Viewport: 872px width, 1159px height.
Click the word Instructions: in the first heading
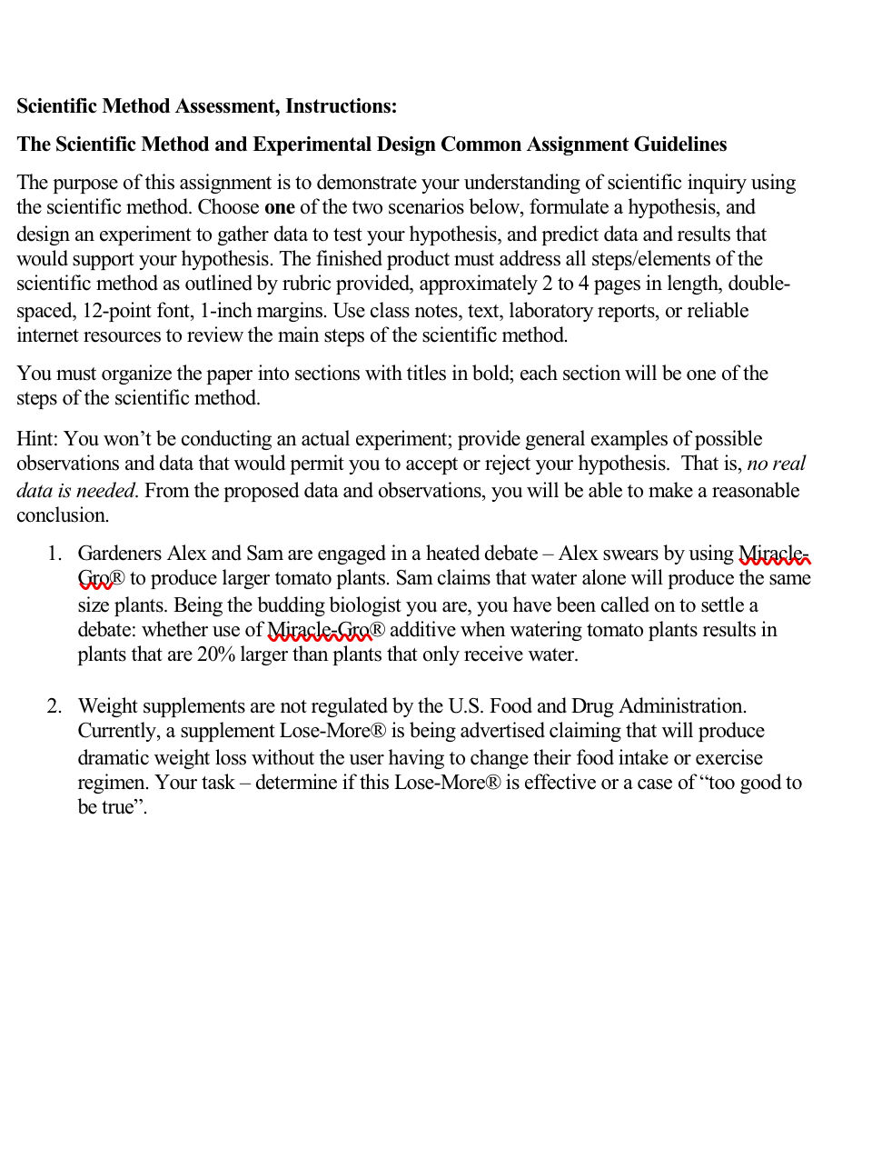pos(341,106)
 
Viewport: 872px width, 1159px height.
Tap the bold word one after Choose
pos(279,207)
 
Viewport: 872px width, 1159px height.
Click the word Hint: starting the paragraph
pos(37,439)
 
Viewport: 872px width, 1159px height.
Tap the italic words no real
pos(776,464)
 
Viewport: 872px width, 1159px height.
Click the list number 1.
pos(54,554)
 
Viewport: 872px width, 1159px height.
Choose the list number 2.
pos(54,706)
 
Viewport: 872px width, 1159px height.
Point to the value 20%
pos(216,654)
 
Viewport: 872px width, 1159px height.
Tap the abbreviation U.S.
pos(466,706)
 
